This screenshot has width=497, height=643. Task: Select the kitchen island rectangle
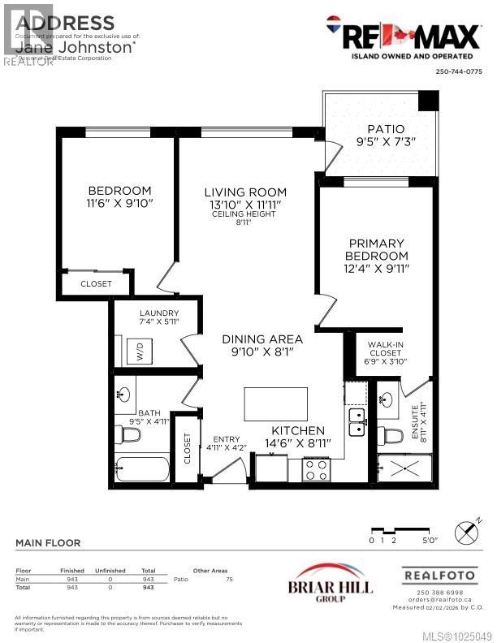tap(275, 403)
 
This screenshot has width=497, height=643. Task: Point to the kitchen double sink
tap(357, 422)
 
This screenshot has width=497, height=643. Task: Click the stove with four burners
tap(314, 469)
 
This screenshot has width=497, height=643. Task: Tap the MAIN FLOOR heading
tap(48, 543)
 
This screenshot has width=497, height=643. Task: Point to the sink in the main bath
tap(124, 395)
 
